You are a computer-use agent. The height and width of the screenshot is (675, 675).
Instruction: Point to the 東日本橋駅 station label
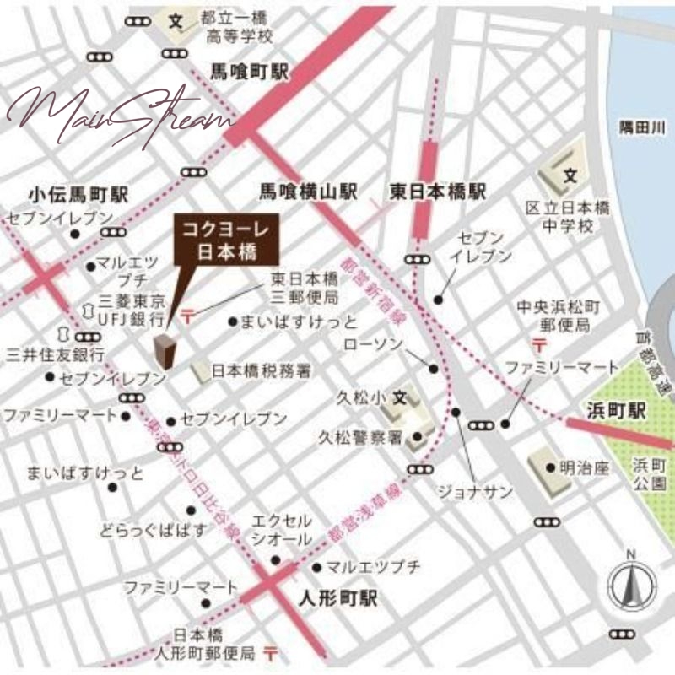click(x=438, y=192)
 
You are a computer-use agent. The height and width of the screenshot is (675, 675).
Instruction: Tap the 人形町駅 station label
click(x=337, y=600)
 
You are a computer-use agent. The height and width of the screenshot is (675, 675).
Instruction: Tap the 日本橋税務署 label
click(x=262, y=370)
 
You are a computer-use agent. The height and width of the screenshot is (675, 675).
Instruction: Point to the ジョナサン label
click(x=463, y=490)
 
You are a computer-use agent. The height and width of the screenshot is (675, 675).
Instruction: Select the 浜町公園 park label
click(x=650, y=474)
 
